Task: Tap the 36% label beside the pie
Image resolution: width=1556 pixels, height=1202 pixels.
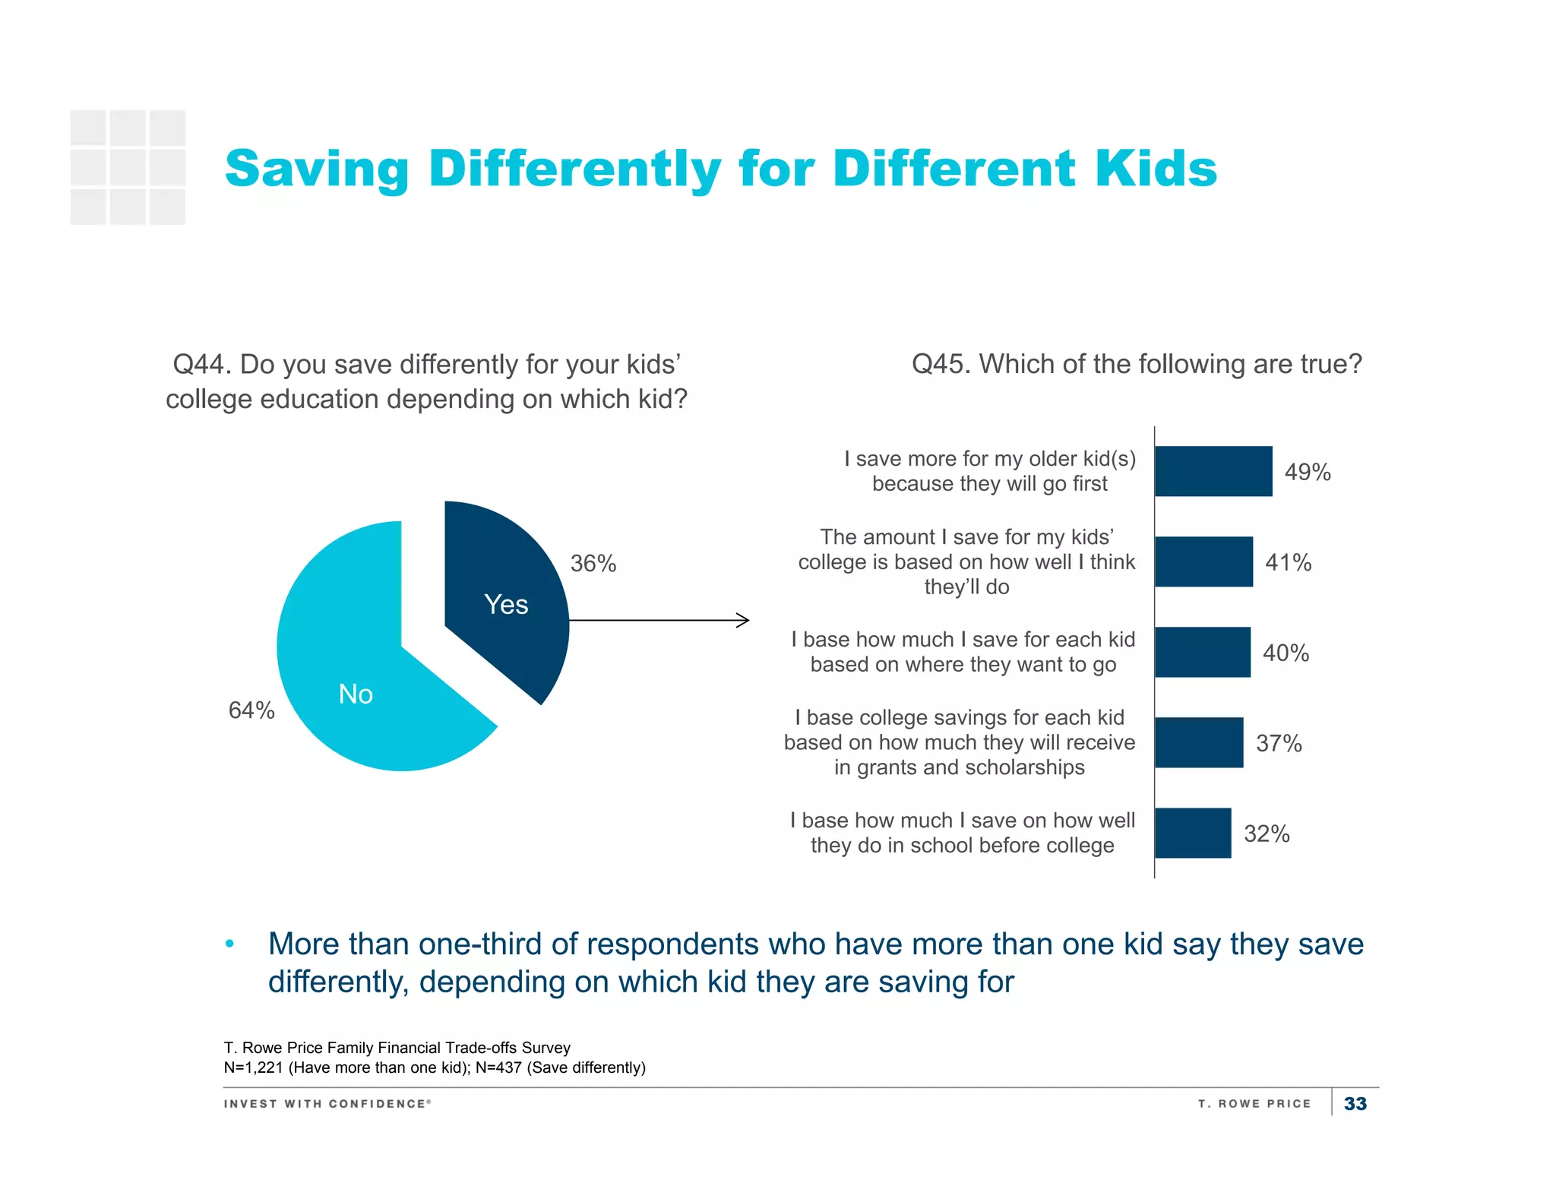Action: (x=593, y=564)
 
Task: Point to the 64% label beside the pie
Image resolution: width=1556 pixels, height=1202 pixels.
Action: (x=251, y=710)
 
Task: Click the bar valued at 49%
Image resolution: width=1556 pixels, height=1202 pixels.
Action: (x=1213, y=471)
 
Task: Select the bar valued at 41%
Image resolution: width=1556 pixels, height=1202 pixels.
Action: (x=1203, y=561)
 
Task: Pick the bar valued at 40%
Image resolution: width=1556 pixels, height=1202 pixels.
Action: (x=1202, y=652)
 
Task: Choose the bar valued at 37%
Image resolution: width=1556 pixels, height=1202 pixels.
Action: (x=1199, y=742)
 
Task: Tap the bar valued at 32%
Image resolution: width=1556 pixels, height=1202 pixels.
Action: (x=1193, y=833)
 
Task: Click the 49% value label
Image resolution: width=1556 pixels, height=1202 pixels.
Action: (x=1308, y=472)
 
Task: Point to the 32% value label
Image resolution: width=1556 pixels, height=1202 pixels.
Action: (x=1267, y=833)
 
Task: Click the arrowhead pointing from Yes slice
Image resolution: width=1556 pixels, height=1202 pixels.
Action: (x=744, y=620)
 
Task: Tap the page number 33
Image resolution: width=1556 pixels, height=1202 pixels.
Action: (x=1355, y=1103)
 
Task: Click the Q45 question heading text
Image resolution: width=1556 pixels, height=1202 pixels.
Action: (x=1137, y=364)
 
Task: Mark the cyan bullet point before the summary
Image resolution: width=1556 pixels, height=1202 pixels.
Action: (x=229, y=944)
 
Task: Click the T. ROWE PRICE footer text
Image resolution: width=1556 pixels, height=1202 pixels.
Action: (x=1254, y=1103)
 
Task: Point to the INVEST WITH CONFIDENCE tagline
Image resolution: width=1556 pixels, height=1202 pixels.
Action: (x=327, y=1103)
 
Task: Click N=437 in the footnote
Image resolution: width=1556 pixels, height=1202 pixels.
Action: (x=498, y=1068)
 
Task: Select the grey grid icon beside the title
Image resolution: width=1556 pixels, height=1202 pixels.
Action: (x=128, y=167)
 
